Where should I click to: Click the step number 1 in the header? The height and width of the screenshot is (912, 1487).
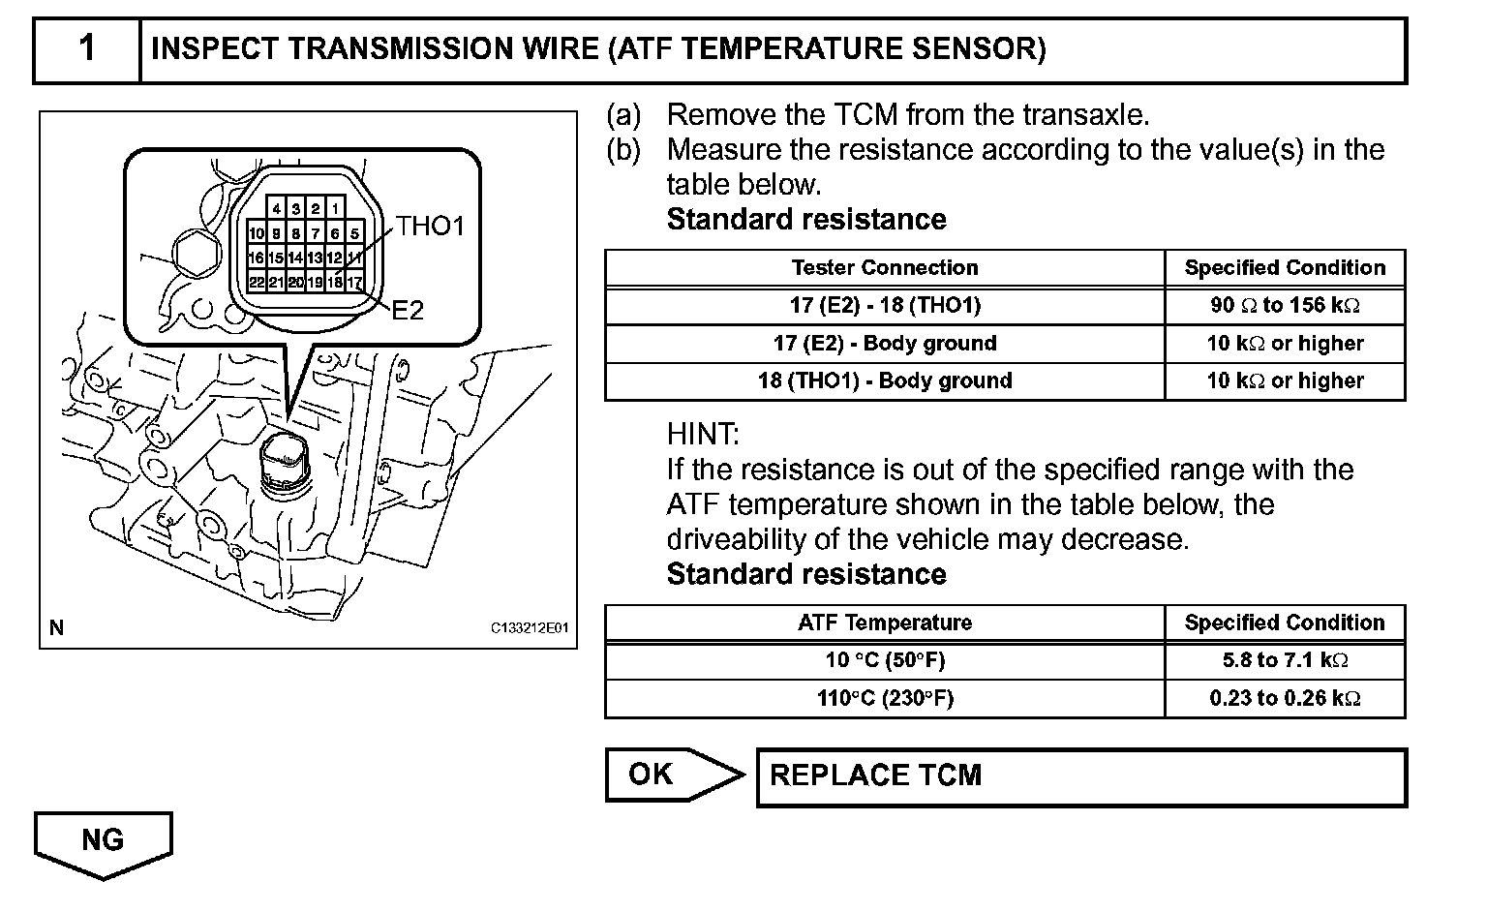pos(87,48)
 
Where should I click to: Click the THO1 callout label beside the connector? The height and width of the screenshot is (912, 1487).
pos(431,227)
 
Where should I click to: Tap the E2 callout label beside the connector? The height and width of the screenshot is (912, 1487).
pos(408,311)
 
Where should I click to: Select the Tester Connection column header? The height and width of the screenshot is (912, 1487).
pos(884,268)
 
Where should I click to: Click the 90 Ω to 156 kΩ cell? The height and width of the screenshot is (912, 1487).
pos(1285,306)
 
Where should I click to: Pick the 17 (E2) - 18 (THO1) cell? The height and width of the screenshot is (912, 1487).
pos(884,306)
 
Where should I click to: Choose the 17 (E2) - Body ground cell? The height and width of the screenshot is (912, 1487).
pos(884,344)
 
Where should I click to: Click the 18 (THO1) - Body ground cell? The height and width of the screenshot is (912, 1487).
pos(884,380)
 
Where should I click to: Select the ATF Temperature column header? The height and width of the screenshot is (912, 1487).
pos(884,623)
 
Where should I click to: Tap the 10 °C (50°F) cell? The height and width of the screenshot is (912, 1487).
pos(884,660)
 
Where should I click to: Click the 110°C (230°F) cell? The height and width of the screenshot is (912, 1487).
pos(884,698)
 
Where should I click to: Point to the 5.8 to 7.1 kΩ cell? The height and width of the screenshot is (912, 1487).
pos(1285,660)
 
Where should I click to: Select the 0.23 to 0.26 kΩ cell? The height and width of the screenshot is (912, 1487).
pos(1285,698)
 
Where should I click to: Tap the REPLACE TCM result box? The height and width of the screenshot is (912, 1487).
pos(1079,775)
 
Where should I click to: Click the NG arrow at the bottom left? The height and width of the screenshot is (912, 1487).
pos(103,840)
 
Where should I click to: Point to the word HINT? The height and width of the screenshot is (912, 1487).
pos(703,434)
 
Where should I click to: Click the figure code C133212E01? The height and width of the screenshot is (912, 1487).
pos(531,628)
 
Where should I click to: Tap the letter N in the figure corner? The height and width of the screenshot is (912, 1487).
pos(56,628)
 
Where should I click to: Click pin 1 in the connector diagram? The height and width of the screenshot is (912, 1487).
pos(334,208)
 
